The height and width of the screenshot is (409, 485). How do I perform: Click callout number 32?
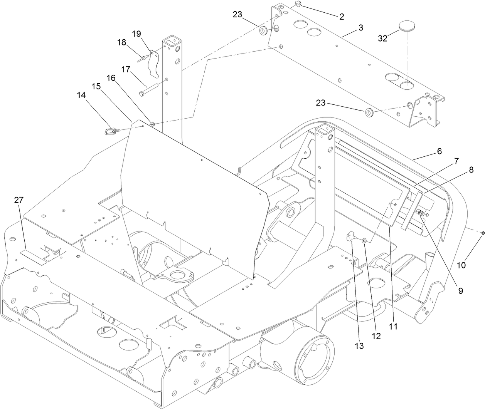[x=383, y=38]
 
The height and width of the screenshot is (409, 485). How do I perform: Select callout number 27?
[x=19, y=200]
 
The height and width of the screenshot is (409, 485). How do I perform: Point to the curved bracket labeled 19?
[x=156, y=62]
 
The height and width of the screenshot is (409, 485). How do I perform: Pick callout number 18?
[x=122, y=42]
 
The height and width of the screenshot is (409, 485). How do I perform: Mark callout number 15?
[x=96, y=87]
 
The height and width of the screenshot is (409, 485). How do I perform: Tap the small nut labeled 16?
[x=153, y=124]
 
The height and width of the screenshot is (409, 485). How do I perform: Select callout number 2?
[x=342, y=17]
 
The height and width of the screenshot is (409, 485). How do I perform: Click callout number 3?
[x=360, y=28]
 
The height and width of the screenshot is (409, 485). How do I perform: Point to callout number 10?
[x=461, y=265]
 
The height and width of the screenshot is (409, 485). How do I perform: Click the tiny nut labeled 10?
[x=482, y=233]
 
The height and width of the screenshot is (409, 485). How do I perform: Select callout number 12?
[x=376, y=335]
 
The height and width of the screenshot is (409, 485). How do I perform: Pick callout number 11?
[x=393, y=326]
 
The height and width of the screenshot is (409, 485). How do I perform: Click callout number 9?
[x=460, y=291]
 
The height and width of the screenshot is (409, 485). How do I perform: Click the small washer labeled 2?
[x=298, y=4]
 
